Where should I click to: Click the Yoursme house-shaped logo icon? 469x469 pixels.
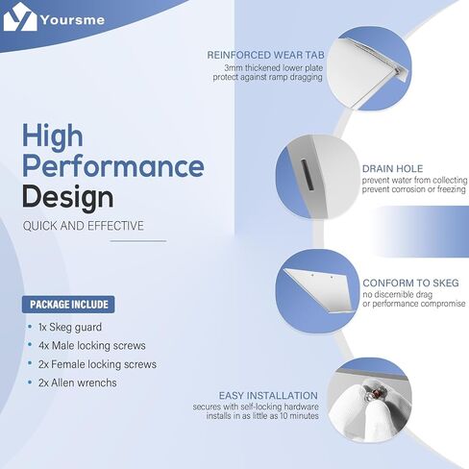click(x=20, y=17)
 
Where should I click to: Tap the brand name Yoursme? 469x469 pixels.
click(x=73, y=20)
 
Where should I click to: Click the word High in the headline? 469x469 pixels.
click(x=53, y=136)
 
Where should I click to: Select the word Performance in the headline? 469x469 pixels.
click(x=113, y=166)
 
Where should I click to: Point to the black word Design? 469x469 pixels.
click(x=67, y=197)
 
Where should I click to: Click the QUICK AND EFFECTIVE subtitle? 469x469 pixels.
click(x=84, y=226)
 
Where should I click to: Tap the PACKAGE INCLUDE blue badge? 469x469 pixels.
click(x=68, y=305)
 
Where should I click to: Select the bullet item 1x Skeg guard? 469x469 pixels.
click(x=70, y=327)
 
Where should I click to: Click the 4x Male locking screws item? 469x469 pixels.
click(x=92, y=346)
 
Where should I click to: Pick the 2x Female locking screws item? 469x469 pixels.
click(x=97, y=364)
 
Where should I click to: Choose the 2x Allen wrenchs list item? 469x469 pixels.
click(x=78, y=383)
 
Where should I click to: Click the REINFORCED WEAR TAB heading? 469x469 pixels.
click(x=265, y=55)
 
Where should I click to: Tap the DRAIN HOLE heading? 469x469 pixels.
click(x=392, y=169)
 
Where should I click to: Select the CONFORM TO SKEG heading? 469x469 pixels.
click(x=410, y=283)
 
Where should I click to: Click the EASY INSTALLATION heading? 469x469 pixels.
click(x=268, y=396)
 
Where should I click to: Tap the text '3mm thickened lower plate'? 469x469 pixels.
click(x=274, y=68)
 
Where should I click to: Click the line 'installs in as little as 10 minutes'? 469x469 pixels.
click(x=262, y=416)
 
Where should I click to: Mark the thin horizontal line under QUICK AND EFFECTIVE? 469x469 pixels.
click(x=138, y=241)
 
